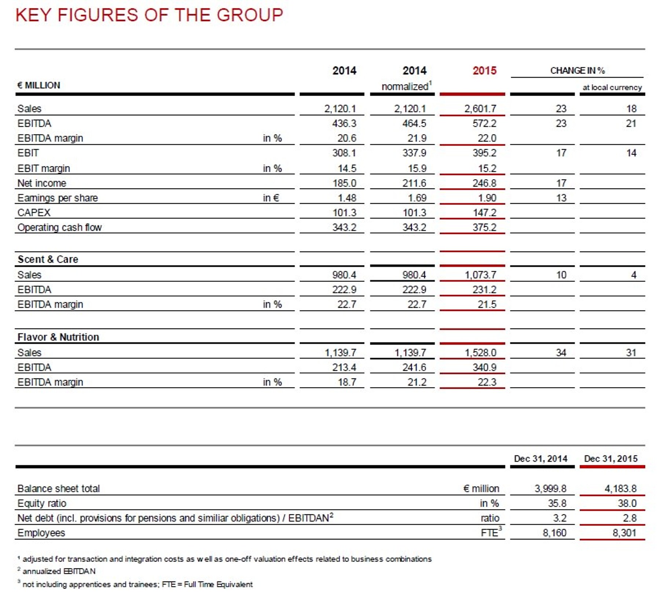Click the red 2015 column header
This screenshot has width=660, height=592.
click(x=484, y=70)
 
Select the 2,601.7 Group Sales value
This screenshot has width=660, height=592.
click(x=480, y=109)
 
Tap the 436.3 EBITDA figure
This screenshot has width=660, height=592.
click(x=344, y=123)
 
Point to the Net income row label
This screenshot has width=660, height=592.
click(x=42, y=183)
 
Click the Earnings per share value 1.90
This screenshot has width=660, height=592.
click(x=487, y=198)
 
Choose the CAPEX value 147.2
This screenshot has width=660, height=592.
click(x=484, y=213)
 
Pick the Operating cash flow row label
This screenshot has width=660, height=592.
click(x=59, y=227)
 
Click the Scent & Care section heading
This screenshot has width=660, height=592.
click(x=48, y=259)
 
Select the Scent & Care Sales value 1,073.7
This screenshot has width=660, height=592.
click(x=480, y=275)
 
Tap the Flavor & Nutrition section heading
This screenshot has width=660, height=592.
click(x=58, y=337)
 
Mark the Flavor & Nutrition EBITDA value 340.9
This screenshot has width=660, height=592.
click(x=484, y=367)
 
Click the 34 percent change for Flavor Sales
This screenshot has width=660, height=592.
click(x=561, y=353)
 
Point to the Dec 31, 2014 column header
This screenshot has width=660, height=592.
click(x=540, y=459)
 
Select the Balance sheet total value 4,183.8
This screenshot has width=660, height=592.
click(x=620, y=488)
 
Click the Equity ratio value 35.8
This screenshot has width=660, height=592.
click(x=557, y=503)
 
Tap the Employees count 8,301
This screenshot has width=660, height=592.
click(x=624, y=533)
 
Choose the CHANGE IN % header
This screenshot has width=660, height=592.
click(x=577, y=70)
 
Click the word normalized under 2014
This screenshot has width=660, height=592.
click(x=405, y=87)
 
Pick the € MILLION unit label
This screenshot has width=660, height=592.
click(x=39, y=85)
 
